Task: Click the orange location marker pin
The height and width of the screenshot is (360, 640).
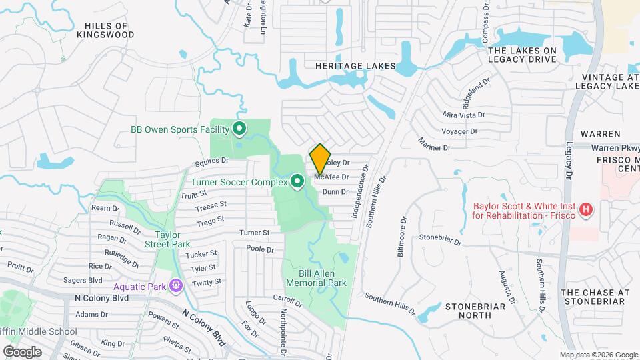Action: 320,159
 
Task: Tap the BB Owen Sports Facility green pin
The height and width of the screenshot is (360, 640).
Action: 239,129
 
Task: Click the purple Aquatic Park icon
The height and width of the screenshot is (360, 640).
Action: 175,285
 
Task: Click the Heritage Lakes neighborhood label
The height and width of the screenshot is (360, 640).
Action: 356,67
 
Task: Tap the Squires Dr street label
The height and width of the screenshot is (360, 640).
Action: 213,161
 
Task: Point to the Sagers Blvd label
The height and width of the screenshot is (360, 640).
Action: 83,281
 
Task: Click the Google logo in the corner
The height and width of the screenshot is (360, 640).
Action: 22,351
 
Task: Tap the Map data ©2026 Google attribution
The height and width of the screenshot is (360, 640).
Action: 598,355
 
